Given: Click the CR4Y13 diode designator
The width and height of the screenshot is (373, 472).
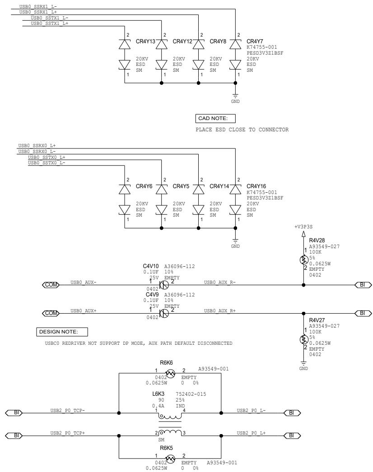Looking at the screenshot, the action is click(x=145, y=42).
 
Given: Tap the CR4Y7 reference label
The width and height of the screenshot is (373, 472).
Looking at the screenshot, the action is click(x=255, y=42).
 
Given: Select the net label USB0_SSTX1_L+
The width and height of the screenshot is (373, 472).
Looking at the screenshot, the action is click(x=49, y=23).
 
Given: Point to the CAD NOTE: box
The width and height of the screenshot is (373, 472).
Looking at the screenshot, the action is click(x=215, y=119).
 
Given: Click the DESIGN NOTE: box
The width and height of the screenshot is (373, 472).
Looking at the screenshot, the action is click(x=62, y=332).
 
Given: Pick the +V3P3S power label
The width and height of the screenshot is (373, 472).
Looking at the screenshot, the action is click(x=303, y=227).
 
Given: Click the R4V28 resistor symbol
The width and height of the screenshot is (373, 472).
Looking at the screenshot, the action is click(x=304, y=259).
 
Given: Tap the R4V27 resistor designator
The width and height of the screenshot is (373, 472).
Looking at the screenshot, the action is click(x=317, y=320).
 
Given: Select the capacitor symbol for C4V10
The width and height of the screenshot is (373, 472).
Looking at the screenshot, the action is click(x=164, y=285).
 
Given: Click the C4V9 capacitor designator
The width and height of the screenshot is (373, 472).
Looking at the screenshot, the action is click(x=152, y=295).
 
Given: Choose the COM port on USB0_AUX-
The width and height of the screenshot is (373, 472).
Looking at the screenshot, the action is click(x=51, y=285).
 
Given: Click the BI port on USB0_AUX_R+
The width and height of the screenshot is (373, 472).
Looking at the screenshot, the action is click(x=363, y=313).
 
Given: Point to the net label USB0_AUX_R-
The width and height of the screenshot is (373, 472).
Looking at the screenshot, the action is click(x=219, y=282).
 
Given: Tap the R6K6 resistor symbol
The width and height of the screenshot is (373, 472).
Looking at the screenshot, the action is click(x=170, y=374).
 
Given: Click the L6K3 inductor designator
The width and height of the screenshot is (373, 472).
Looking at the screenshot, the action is click(x=158, y=394).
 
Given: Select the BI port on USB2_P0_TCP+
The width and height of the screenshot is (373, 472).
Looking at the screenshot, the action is click(x=14, y=435).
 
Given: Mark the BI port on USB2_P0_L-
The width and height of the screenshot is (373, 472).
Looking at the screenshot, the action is click(x=292, y=413).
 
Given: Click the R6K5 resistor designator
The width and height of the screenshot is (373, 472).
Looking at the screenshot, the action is click(x=166, y=448).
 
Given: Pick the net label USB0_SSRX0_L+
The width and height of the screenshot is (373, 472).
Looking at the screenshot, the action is click(x=37, y=146).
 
